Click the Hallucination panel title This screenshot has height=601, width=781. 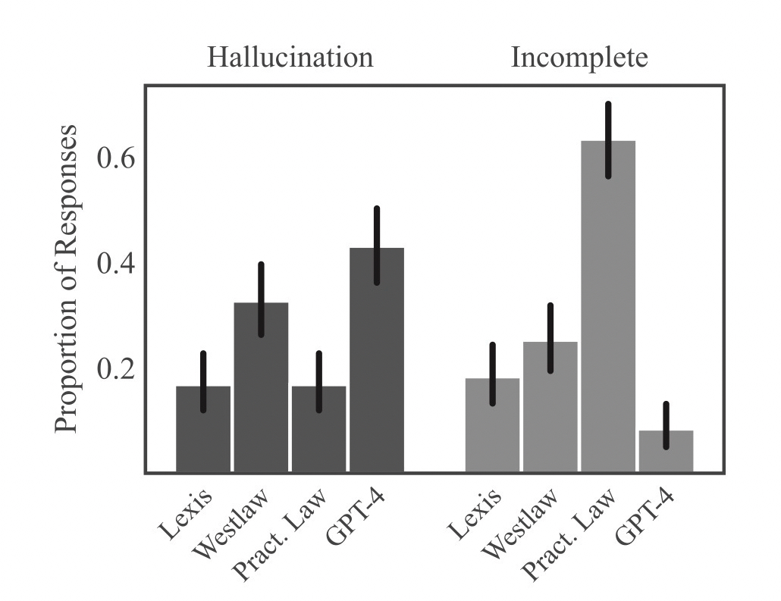(290, 58)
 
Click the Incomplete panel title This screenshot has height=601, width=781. (579, 58)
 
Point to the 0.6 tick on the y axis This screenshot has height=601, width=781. (118, 159)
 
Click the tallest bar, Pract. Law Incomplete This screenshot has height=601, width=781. (608, 318)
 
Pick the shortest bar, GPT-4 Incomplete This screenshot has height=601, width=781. (666, 452)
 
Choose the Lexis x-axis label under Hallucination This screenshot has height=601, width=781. (186, 515)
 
